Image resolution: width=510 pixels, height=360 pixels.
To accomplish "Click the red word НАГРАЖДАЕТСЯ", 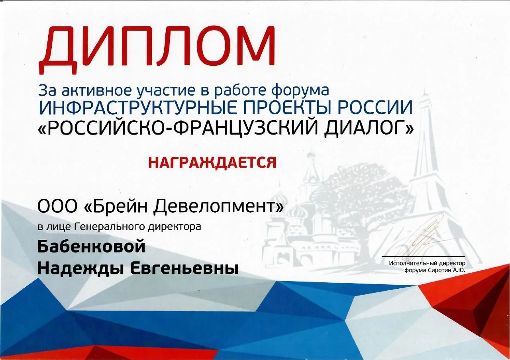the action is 212,162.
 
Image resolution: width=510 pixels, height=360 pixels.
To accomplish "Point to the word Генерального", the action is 110,227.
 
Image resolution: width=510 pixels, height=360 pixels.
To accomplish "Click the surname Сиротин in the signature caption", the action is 437,271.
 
